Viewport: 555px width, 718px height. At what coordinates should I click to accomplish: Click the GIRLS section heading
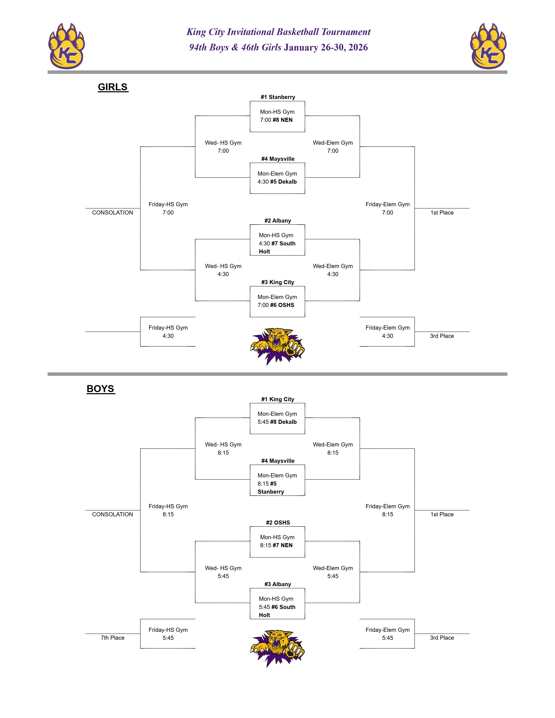113,87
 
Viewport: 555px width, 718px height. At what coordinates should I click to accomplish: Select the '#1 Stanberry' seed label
278,97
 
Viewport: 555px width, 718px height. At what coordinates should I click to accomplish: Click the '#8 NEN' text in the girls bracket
283,120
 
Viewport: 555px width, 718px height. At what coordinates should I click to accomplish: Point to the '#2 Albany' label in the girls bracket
278,221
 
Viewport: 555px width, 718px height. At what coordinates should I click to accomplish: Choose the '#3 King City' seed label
278,282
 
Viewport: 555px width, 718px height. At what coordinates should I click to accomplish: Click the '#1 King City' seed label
278,399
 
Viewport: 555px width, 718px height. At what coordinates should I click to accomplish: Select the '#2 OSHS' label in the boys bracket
278,522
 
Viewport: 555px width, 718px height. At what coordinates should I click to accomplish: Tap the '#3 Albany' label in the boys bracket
278,584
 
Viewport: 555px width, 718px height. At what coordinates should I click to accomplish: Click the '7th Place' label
113,637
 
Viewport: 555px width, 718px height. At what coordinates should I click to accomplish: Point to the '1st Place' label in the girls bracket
442,213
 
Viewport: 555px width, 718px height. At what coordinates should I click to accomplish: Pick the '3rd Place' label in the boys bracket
442,637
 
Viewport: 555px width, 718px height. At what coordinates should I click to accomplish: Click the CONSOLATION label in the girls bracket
113,213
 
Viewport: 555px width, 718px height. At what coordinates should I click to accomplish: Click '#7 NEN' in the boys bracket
283,545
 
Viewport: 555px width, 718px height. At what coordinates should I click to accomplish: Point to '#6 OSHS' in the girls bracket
282,305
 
